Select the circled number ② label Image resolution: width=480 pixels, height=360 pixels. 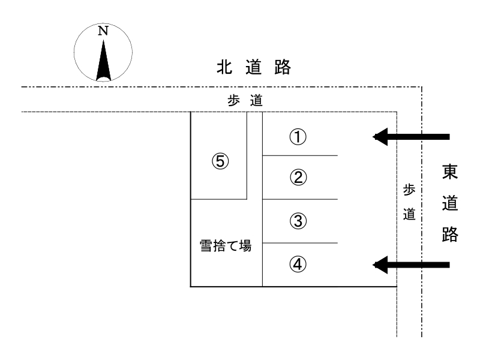point(298,178)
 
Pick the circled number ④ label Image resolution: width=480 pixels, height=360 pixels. point(298,263)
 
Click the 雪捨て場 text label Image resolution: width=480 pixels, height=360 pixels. point(226,247)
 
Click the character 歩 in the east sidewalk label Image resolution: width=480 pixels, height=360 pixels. point(409,190)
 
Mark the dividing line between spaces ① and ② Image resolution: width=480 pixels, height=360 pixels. point(300,156)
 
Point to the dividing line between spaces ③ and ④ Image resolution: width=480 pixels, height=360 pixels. point(300,243)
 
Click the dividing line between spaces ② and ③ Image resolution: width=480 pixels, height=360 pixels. point(300,199)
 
